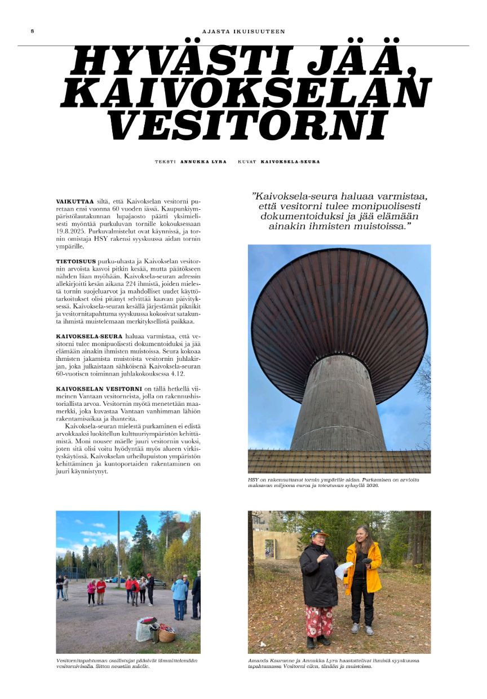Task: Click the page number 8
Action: point(32,31)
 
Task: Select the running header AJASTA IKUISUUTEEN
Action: point(243,32)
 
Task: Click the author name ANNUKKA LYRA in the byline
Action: point(203,162)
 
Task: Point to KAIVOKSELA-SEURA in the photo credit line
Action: point(290,162)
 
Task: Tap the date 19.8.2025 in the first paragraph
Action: point(69,231)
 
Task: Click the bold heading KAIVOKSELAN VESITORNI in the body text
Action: point(98,389)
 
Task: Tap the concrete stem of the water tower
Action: point(338,403)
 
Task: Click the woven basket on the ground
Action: point(166,635)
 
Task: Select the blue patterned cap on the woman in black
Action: point(319,533)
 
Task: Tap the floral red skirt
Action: point(320,621)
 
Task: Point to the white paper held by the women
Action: point(343,569)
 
